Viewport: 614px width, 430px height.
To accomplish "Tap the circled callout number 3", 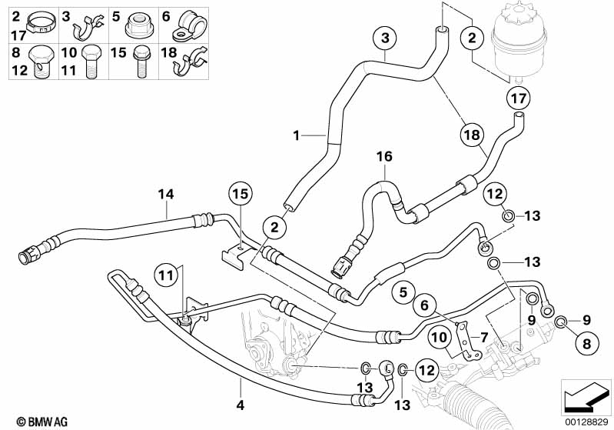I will click(x=385, y=38).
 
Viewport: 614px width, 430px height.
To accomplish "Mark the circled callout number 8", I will click(x=583, y=342).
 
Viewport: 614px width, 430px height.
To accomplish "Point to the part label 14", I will click(x=167, y=194).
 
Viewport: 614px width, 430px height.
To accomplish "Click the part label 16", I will click(x=383, y=157).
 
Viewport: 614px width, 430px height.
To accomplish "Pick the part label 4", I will click(x=241, y=405).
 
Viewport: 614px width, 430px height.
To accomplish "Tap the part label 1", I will click(x=297, y=137).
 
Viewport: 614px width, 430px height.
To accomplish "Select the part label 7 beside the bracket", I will click(x=484, y=337).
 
